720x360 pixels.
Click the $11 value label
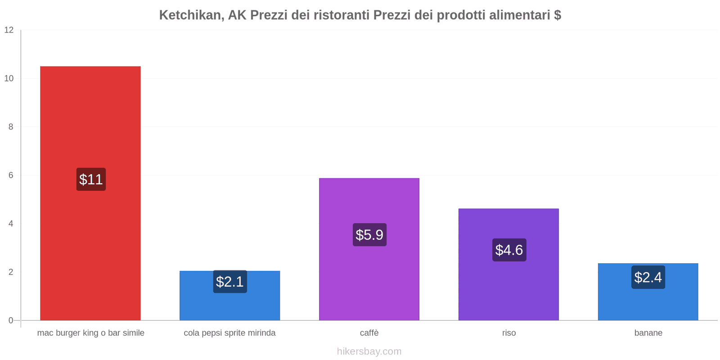(91, 180)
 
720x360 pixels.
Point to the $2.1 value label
(229, 282)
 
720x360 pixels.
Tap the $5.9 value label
(369, 235)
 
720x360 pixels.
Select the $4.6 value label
(509, 250)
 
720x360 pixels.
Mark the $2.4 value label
(648, 277)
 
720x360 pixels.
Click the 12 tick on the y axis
(9, 30)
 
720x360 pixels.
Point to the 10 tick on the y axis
(9, 79)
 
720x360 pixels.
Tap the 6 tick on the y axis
(11, 175)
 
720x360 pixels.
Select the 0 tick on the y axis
(11, 321)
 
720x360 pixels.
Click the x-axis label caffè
(369, 333)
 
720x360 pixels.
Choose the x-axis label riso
(509, 333)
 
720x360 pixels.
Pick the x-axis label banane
(648, 333)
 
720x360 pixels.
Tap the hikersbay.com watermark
(369, 351)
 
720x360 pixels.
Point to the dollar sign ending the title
(558, 15)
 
